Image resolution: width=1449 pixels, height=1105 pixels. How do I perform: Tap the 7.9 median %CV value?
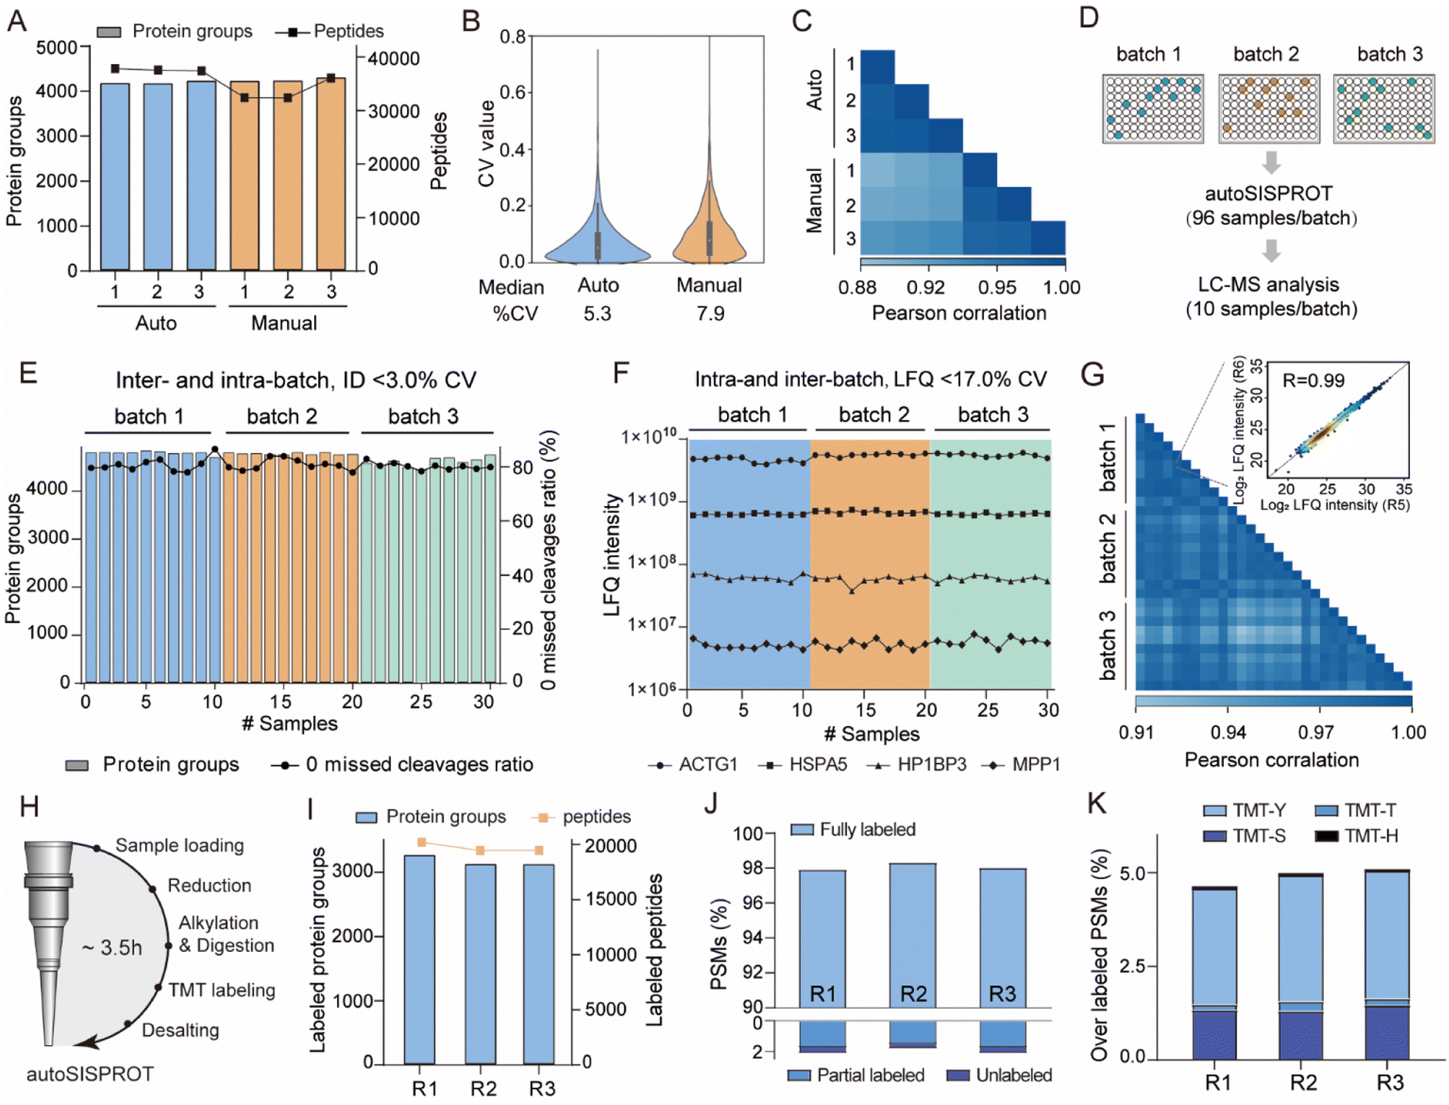click(710, 314)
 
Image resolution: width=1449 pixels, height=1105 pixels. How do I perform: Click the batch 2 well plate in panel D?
click(1269, 108)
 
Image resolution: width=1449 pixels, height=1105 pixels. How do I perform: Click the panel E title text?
click(296, 380)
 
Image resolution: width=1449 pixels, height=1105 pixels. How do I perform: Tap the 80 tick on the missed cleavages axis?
click(522, 468)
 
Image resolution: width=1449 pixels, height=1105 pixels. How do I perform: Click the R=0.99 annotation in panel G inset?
click(1313, 380)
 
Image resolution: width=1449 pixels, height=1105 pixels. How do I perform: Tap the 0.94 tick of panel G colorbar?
click(1227, 732)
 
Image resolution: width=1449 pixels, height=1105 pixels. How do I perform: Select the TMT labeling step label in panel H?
click(222, 990)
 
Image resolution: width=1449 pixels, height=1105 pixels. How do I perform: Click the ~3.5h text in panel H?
click(112, 948)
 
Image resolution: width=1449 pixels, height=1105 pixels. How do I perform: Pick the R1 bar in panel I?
click(419, 959)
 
